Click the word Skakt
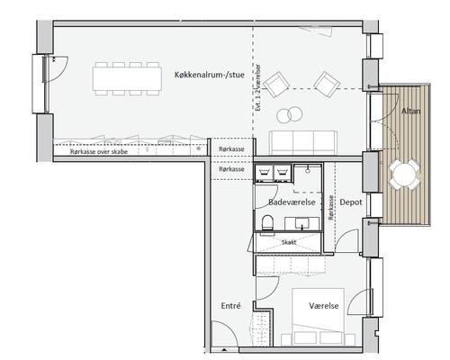click(x=289, y=242)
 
